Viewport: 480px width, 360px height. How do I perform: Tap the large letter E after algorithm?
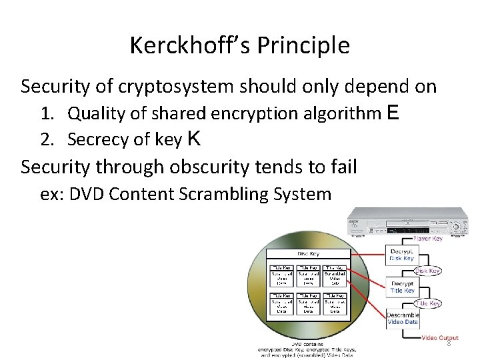393,113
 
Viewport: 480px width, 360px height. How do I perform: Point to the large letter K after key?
194,138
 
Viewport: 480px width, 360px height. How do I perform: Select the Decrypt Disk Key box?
401,254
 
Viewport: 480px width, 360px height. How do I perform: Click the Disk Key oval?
427,271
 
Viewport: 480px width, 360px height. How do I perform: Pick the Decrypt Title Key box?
403,287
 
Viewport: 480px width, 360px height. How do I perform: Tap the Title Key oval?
427,303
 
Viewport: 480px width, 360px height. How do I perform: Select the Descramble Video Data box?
403,318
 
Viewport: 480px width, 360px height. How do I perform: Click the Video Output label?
440,338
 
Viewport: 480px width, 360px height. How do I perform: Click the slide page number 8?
449,343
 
